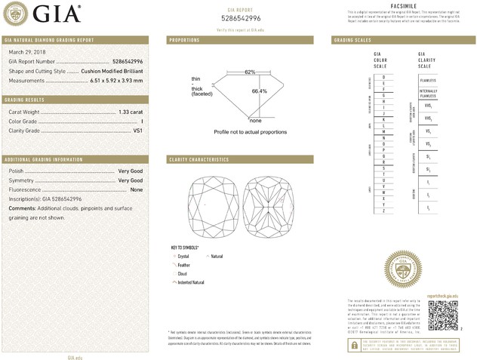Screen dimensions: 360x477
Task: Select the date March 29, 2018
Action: [26, 51]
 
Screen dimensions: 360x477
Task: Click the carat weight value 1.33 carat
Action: [131, 112]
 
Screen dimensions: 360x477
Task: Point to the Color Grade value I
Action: [142, 122]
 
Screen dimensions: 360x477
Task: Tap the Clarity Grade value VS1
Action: [137, 131]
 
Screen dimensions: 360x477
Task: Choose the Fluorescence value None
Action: [137, 189]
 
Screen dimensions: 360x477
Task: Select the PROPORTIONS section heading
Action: [184, 39]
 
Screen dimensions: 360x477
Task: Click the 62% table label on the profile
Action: [250, 72]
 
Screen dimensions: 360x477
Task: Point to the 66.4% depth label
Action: [259, 91]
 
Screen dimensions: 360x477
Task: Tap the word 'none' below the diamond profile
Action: [255, 121]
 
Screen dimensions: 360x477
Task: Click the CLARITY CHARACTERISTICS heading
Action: [198, 159]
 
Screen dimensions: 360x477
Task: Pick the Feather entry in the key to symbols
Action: [183, 265]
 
